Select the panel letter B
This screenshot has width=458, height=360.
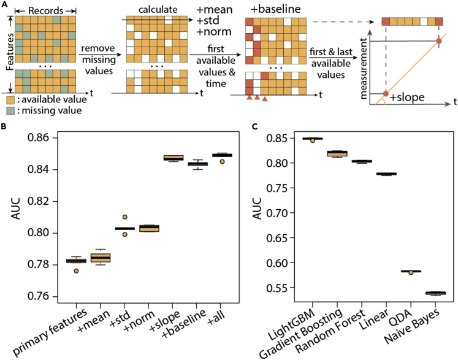[x=5, y=128]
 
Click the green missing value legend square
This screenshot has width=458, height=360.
[x=11, y=110]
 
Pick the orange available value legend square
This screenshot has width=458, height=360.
[x=11, y=99]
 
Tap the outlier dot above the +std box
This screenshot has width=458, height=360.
[x=124, y=217]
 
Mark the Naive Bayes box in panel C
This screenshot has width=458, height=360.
[x=435, y=293]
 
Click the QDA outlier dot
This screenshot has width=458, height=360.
[x=410, y=272]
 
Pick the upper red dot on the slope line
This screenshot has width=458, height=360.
[x=438, y=41]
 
